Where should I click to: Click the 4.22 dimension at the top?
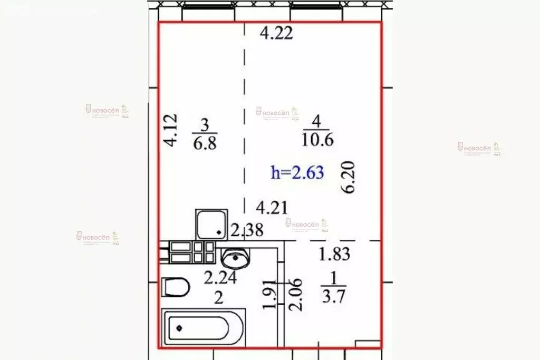[277, 34]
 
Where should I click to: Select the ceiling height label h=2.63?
[297, 172]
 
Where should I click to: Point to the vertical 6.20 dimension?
[349, 178]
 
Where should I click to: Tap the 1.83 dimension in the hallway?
[334, 254]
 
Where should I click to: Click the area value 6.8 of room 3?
[205, 143]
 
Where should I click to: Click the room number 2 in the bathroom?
[218, 298]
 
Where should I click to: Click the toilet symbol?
[176, 288]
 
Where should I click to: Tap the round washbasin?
[235, 258]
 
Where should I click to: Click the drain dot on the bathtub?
[179, 328]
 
